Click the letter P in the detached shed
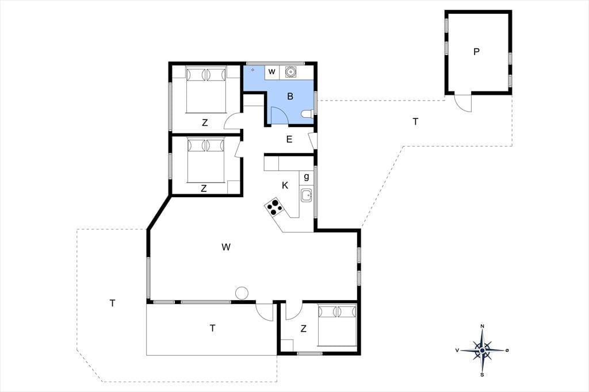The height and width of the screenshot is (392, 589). [x=476, y=52]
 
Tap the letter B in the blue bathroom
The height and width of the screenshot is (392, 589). [x=290, y=97]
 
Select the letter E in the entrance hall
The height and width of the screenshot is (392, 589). [x=289, y=140]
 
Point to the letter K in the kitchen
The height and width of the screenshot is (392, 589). [x=285, y=185]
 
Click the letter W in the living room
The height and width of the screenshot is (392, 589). [x=225, y=247]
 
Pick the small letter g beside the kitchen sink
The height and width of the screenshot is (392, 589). [x=307, y=176]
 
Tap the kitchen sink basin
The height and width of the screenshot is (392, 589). [x=306, y=195]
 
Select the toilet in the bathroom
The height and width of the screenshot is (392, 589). [x=308, y=113]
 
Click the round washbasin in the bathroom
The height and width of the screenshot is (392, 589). [x=290, y=71]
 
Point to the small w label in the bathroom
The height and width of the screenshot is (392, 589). [x=272, y=71]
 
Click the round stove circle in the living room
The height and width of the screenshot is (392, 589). [x=241, y=293]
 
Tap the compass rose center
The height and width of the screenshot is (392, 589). [x=483, y=350]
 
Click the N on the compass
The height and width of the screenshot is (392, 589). [x=483, y=326]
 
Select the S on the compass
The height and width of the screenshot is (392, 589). [x=483, y=374]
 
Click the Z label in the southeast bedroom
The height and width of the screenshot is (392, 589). [x=303, y=329]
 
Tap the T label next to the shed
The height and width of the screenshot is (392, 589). [x=415, y=122]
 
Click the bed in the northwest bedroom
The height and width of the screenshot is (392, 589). [x=206, y=89]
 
